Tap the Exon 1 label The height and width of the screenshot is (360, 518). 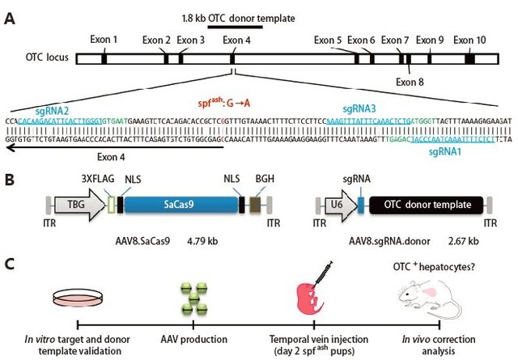click(x=104, y=39)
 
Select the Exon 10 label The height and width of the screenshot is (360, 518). click(x=469, y=39)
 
